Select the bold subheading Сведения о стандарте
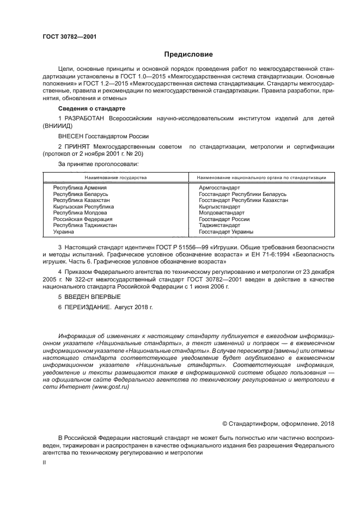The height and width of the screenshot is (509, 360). click(84, 109)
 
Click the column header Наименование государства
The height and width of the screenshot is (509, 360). click(115, 177)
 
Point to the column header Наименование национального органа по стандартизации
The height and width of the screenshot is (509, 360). click(261, 177)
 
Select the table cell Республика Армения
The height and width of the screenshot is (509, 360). click(76, 187)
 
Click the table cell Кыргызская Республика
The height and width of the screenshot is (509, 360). click(83, 207)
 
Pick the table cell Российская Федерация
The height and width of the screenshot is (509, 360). click(82, 219)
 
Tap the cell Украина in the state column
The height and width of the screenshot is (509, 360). click(64, 232)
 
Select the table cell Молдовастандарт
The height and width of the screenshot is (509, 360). click(222, 213)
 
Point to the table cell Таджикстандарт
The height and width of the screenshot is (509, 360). click(219, 225)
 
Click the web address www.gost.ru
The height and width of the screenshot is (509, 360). click(111, 387)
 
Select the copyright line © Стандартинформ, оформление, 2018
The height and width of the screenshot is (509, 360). click(278, 424)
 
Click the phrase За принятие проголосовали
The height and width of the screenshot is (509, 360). click(98, 163)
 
